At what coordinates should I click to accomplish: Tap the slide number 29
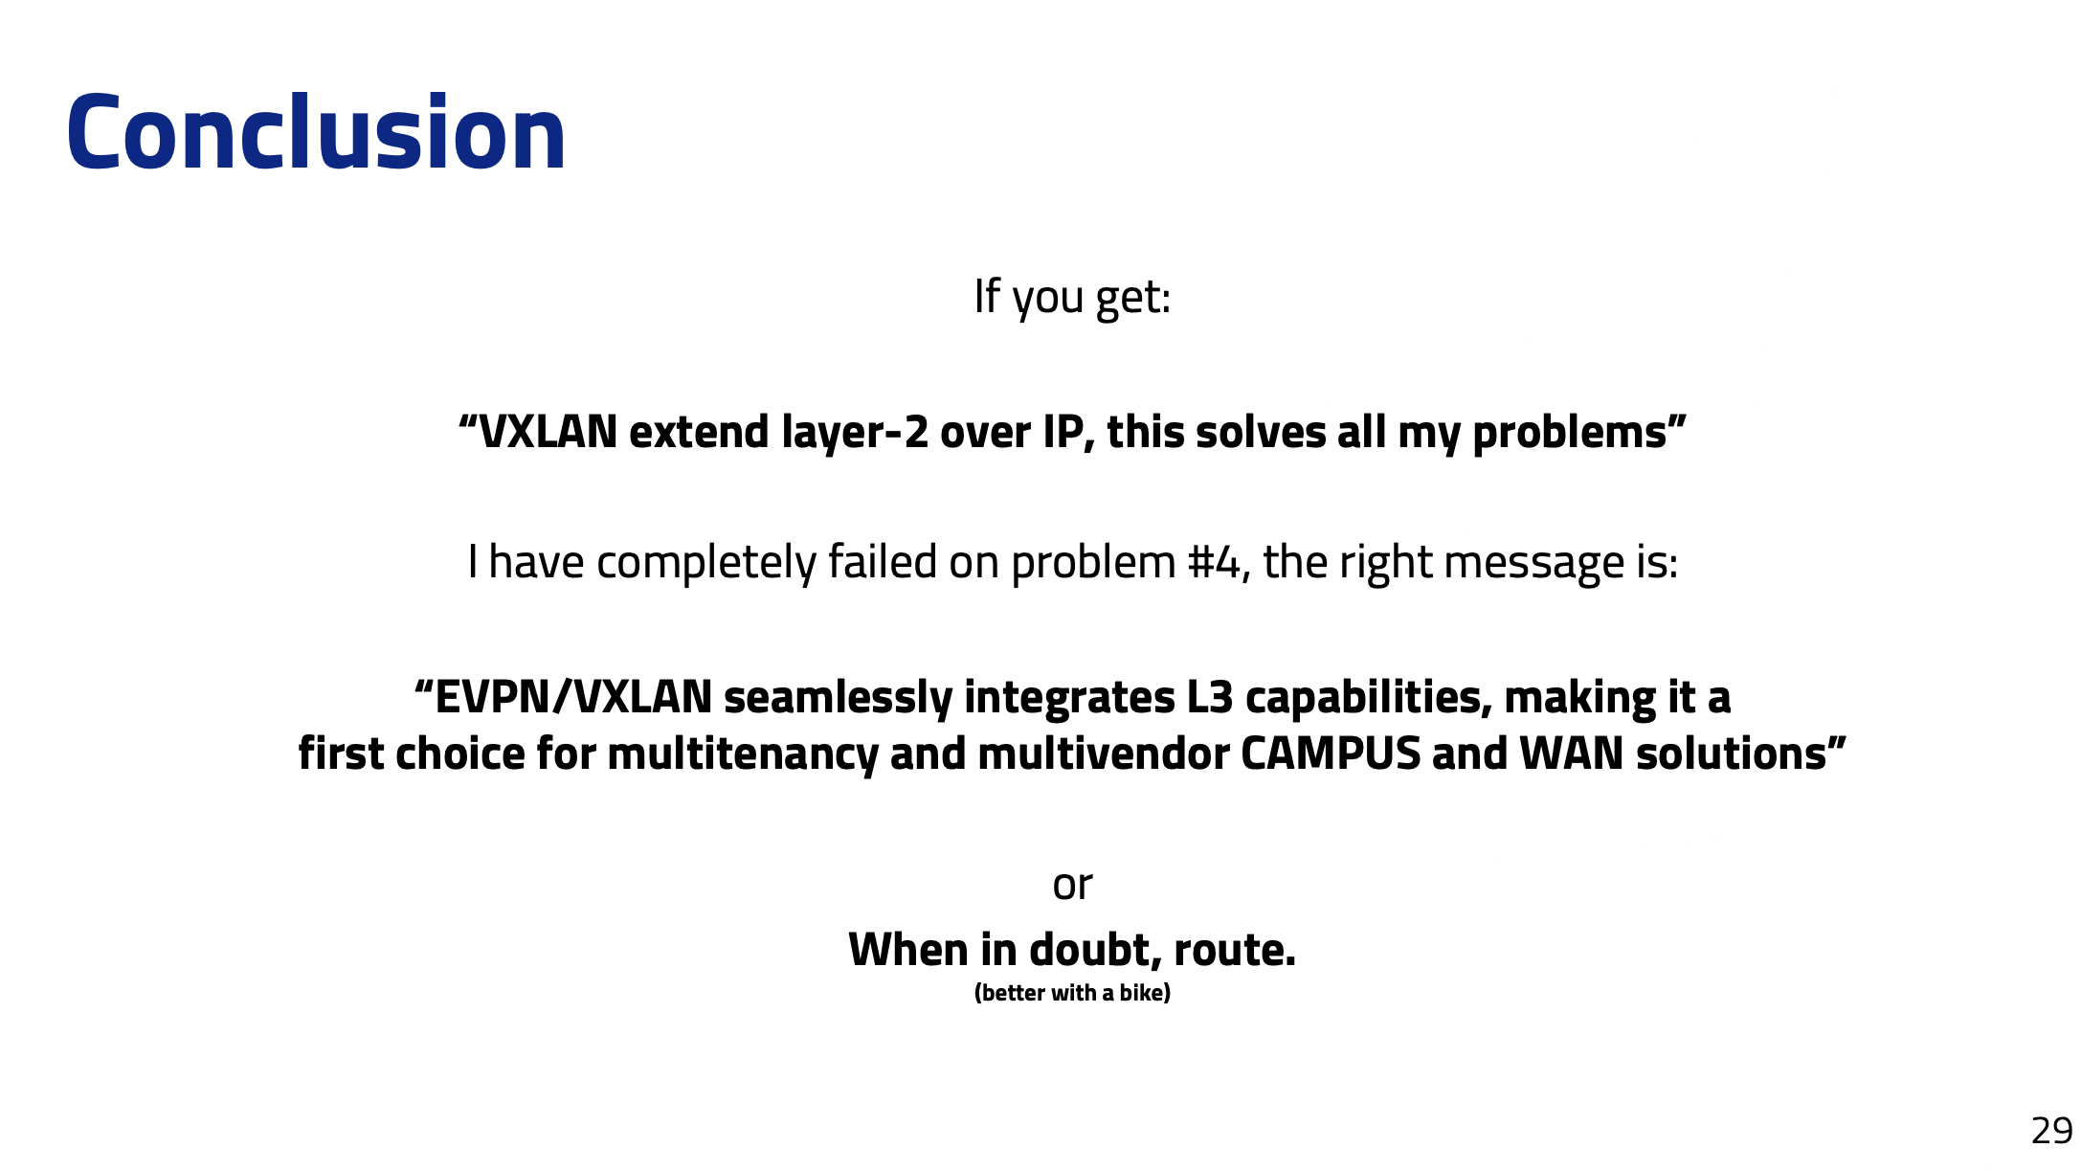[2051, 1131]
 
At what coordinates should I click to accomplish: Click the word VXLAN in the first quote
[548, 432]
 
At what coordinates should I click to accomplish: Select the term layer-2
[855, 433]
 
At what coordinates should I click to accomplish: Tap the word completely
[705, 563]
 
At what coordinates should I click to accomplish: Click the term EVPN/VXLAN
[573, 697]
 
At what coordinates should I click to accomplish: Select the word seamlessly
[838, 698]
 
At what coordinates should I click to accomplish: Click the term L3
[1210, 698]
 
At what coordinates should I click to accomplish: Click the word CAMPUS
[1331, 754]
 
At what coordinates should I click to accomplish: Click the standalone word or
[1072, 886]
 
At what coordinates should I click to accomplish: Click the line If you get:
[1072, 298]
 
